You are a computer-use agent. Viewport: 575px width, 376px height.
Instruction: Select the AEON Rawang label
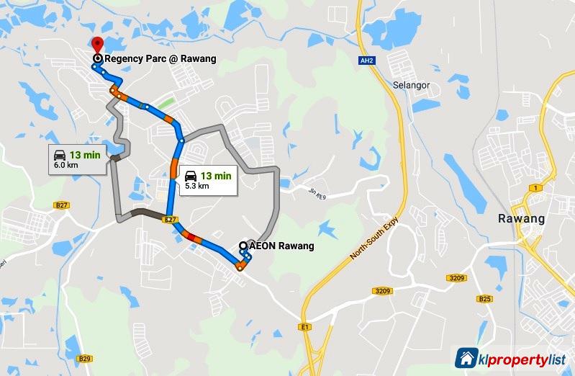[281, 246]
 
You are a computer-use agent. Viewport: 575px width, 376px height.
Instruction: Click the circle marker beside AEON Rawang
[243, 246]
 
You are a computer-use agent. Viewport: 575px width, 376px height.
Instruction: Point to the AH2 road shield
[366, 61]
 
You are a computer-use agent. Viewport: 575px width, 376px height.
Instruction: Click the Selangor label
[410, 85]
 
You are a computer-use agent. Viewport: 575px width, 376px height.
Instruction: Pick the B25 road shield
[485, 299]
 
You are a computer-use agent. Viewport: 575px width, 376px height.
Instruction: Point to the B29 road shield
[85, 358]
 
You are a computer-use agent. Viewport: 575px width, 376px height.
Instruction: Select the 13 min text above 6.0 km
[85, 153]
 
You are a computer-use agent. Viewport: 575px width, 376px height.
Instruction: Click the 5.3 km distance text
[196, 186]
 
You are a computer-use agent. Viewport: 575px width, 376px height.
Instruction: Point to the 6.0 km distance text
[66, 164]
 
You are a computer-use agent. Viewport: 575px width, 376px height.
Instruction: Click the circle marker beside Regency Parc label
[97, 58]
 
